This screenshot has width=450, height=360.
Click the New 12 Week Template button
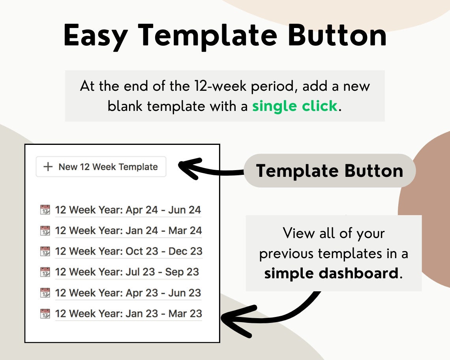coord(101,167)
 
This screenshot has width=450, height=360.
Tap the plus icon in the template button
coord(48,167)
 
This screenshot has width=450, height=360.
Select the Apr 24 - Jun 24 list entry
coord(128,210)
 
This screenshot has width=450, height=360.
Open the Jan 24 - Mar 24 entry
coord(129,231)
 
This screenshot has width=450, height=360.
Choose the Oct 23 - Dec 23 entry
coord(129,251)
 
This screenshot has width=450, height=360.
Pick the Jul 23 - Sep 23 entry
coord(127,272)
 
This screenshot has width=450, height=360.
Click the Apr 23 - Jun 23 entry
coord(128,293)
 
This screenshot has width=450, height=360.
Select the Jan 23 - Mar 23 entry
coord(129,313)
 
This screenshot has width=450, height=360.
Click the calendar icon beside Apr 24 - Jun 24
coord(45,210)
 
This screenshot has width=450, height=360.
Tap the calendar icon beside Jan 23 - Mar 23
coord(45,313)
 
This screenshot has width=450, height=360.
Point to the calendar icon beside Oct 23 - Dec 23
coord(45,251)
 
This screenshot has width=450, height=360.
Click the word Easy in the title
coord(96,36)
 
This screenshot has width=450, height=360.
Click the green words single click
coord(295,106)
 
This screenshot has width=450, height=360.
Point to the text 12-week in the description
coord(220,86)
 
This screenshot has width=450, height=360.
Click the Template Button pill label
coord(330,171)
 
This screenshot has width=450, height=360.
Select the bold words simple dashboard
coord(331,273)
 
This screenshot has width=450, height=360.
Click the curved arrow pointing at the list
coord(276,319)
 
